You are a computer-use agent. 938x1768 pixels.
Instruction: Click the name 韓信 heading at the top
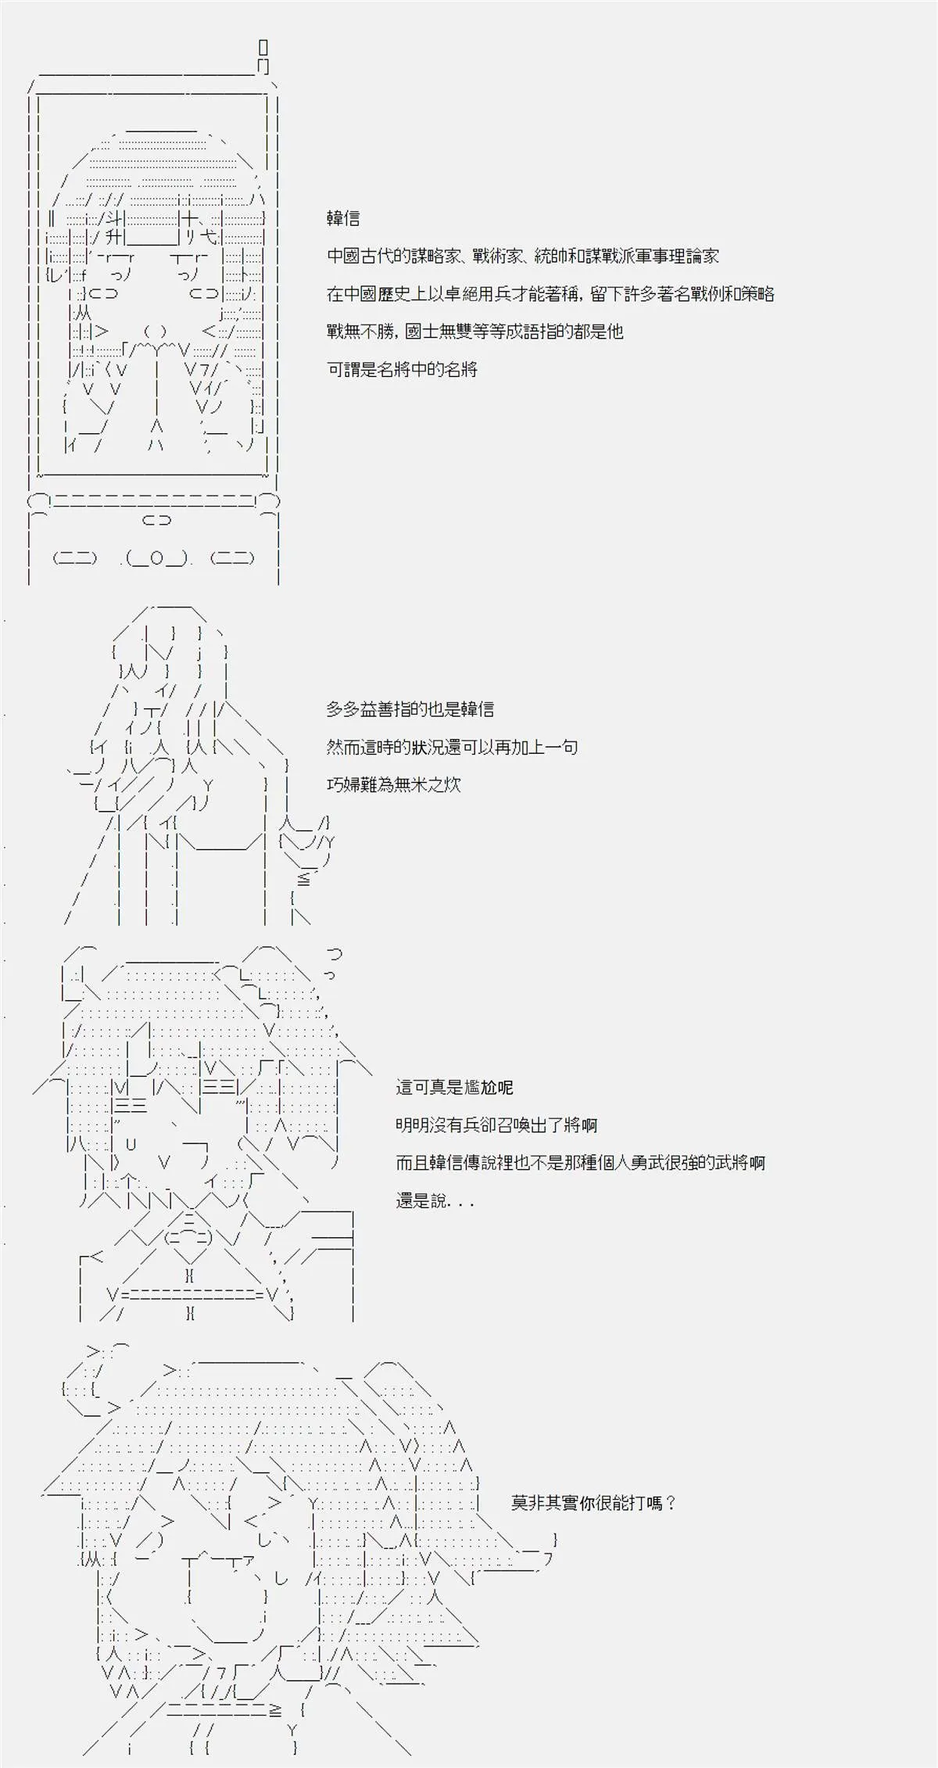[x=343, y=219]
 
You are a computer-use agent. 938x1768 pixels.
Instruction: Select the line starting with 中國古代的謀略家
[x=522, y=256]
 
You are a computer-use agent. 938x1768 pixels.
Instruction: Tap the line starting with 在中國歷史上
[x=550, y=294]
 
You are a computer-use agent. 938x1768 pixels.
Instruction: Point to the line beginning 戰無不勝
[x=474, y=332]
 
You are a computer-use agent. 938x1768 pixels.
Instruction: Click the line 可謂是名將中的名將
[x=402, y=369]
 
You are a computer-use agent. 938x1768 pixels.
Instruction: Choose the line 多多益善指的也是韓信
[x=410, y=709]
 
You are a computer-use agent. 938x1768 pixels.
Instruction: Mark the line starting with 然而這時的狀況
[x=452, y=747]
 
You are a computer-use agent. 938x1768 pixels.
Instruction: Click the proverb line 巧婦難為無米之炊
[x=393, y=784]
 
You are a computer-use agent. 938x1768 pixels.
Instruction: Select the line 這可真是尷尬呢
[x=454, y=1087]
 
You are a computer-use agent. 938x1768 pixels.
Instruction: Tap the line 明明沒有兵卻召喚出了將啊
[x=496, y=1125]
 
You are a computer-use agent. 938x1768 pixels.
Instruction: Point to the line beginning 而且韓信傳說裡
[x=580, y=1163]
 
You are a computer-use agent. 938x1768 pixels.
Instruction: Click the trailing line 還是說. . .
[x=435, y=1201]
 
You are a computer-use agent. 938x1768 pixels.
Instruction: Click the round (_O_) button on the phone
[x=157, y=558]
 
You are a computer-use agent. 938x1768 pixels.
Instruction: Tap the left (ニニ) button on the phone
[x=75, y=558]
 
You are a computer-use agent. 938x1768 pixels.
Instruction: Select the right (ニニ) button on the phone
[x=232, y=558]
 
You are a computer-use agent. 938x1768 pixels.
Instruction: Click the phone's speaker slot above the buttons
[x=156, y=520]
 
